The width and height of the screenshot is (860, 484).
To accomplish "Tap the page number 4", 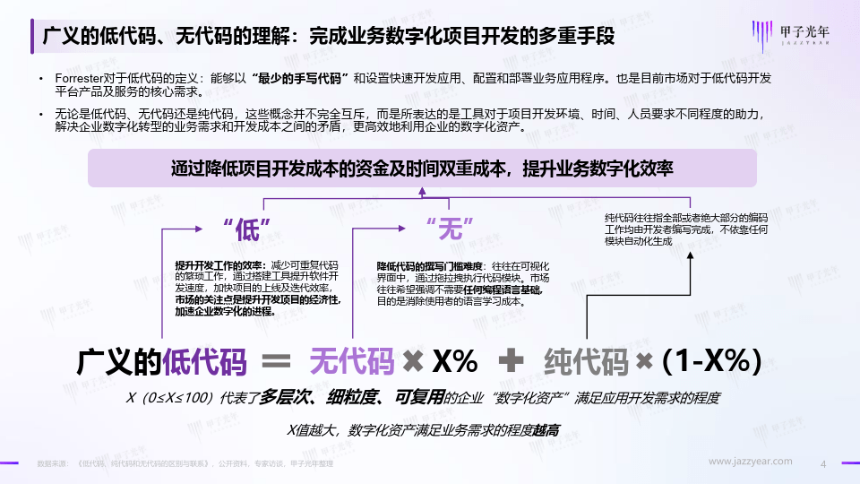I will pyautogui.click(x=823, y=462).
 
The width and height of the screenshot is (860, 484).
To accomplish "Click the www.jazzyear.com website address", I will pyautogui.click(x=751, y=462).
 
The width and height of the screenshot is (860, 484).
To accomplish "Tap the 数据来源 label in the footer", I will pyautogui.click(x=52, y=463).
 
